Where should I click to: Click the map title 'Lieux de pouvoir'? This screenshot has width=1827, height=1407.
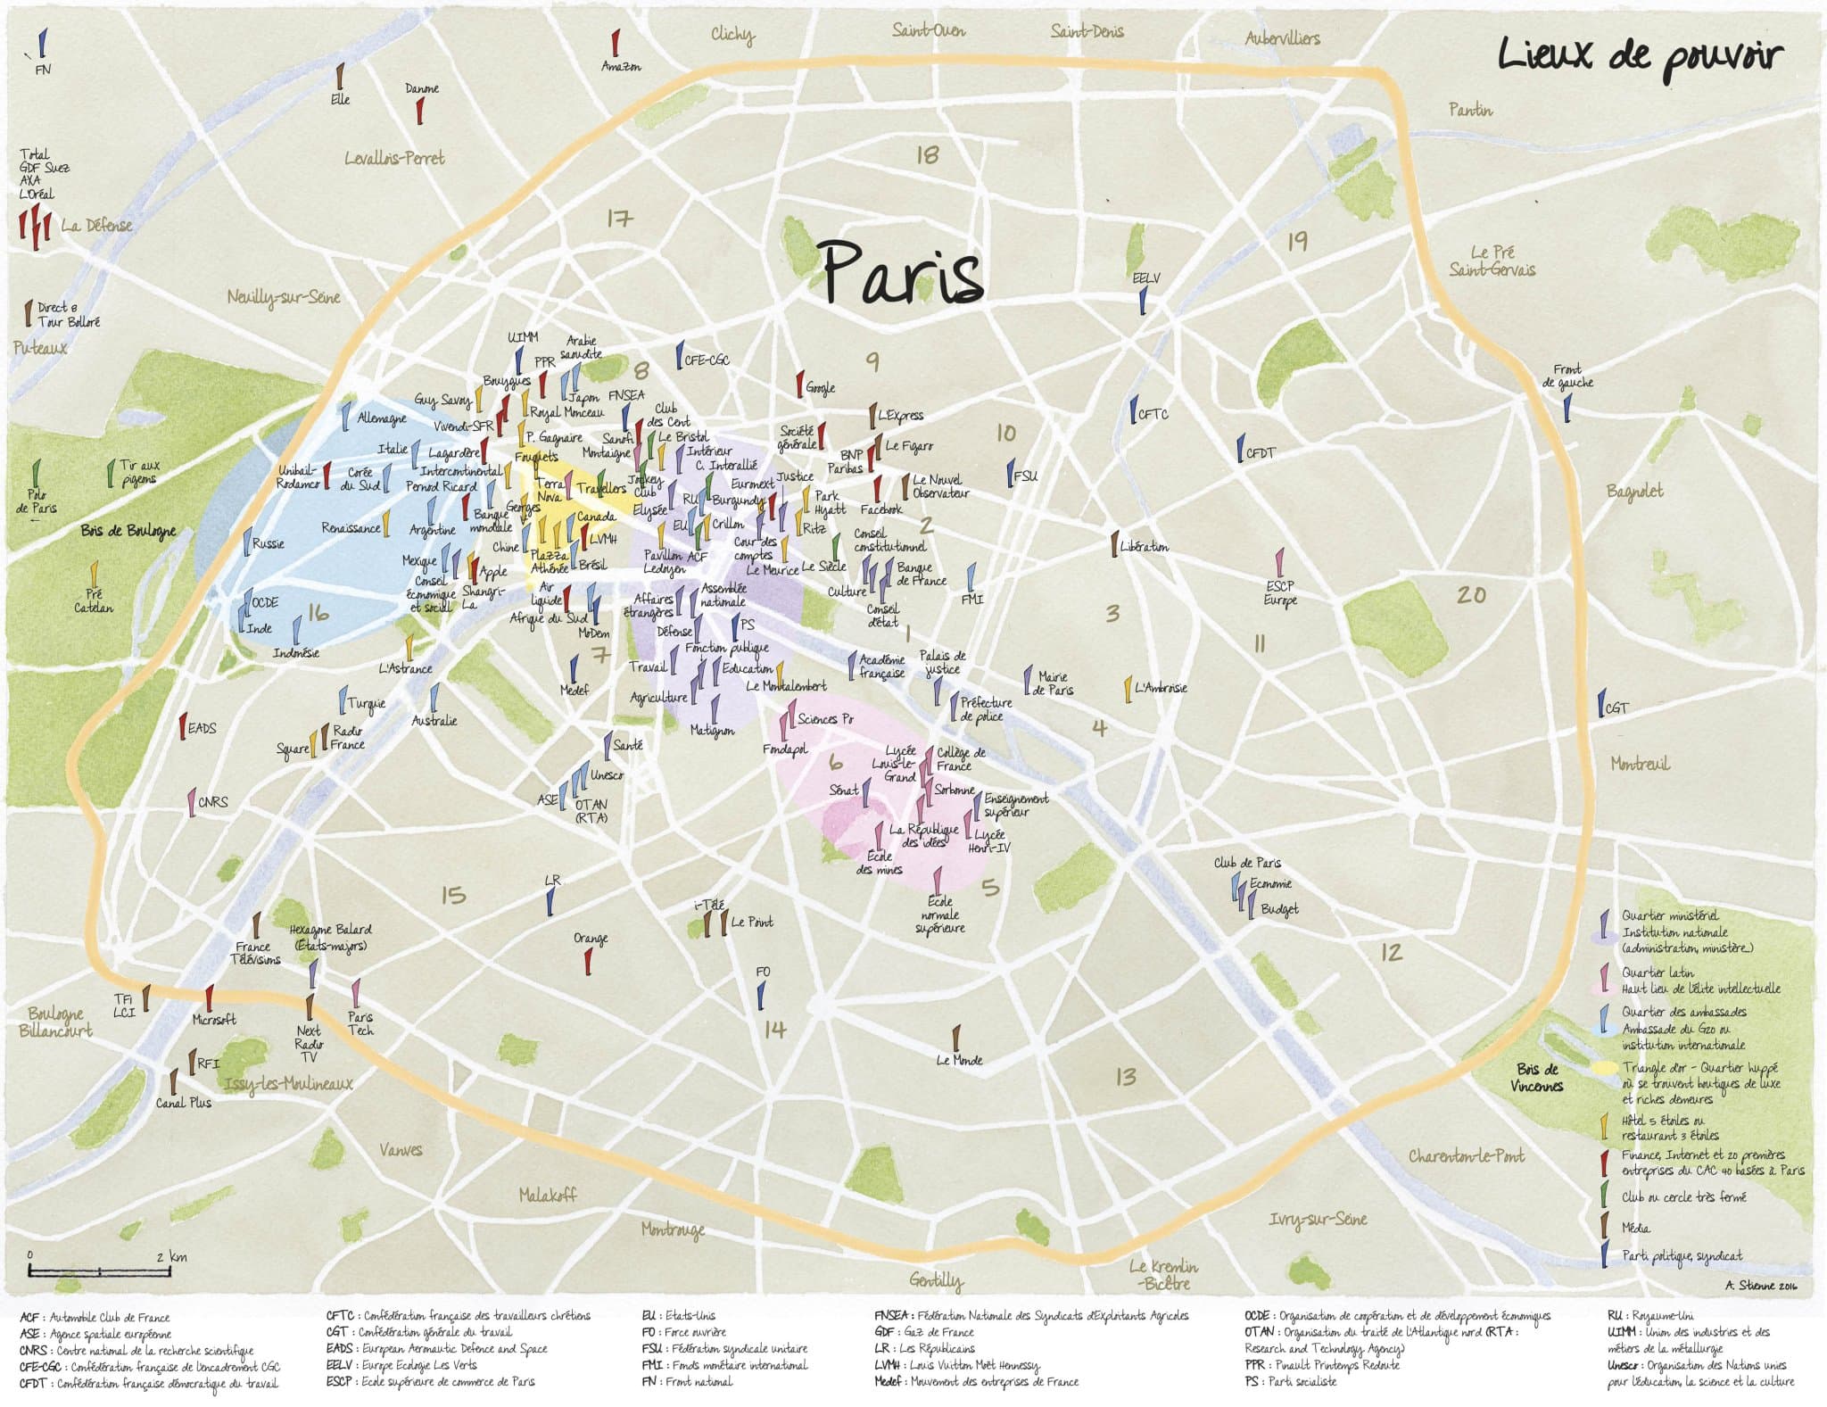[x=1640, y=55]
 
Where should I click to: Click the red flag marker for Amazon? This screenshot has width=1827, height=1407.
[x=615, y=43]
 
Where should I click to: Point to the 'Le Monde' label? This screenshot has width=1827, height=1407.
[x=959, y=1060]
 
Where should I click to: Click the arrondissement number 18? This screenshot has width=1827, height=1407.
[x=927, y=155]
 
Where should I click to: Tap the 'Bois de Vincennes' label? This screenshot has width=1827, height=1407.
[x=1536, y=1077]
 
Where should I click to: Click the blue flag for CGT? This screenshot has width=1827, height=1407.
[x=1601, y=703]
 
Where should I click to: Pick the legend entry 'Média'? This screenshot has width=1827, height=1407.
[x=1635, y=1228]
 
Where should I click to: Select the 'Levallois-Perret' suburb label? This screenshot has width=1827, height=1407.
[x=394, y=158]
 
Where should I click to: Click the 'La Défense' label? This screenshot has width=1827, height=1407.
[x=96, y=225]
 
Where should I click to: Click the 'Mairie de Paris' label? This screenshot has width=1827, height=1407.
[x=1053, y=683]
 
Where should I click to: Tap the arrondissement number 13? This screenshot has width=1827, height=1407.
[x=1126, y=1077]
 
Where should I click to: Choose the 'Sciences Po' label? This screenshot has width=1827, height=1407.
[x=824, y=718]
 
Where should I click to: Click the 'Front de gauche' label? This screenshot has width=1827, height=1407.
[x=1567, y=376]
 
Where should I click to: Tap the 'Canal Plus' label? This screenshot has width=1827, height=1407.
[x=184, y=1102]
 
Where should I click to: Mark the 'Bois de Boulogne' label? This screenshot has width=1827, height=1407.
[x=128, y=531]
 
